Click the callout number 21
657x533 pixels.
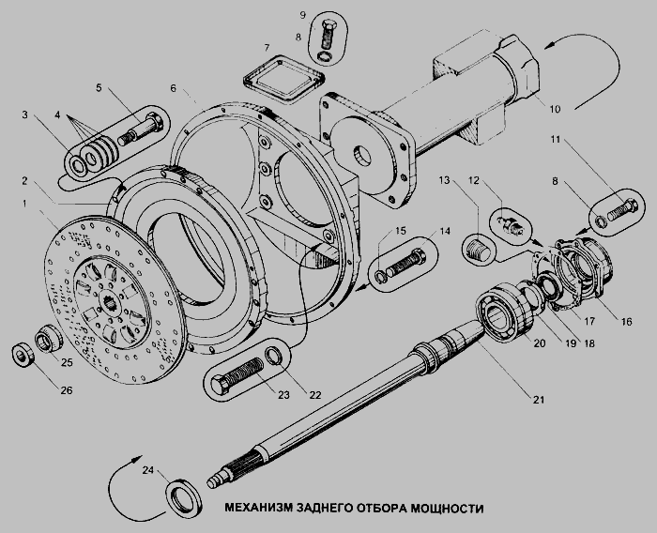point(538,401)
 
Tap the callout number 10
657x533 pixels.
point(555,110)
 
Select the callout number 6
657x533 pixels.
point(173,88)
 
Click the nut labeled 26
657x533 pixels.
point(22,355)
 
